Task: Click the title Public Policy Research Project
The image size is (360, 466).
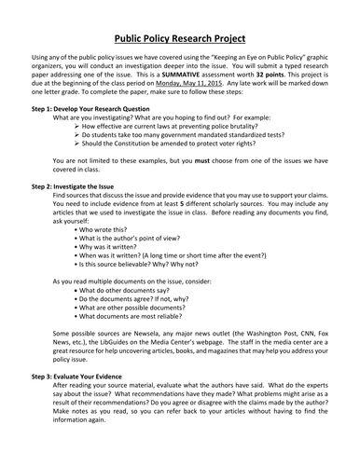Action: (180, 41)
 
